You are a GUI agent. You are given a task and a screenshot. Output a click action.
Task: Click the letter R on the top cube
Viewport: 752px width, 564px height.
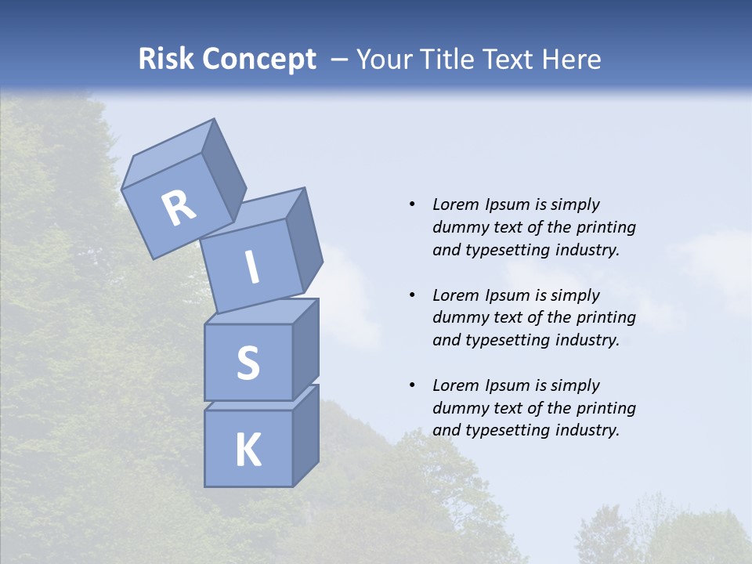tap(179, 208)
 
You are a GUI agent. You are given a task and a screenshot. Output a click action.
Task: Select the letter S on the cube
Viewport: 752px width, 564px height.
tap(248, 363)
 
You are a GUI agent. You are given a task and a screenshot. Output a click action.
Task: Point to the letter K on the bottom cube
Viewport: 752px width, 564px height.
tap(248, 450)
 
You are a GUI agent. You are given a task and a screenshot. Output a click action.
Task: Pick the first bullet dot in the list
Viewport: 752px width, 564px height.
tap(412, 204)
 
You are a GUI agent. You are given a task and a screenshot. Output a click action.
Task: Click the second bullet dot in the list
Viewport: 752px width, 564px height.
tap(412, 295)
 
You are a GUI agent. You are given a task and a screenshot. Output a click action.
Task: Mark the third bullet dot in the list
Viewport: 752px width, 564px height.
tap(412, 385)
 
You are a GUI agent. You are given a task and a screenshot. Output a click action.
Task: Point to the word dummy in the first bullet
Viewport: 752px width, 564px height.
tap(458, 227)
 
